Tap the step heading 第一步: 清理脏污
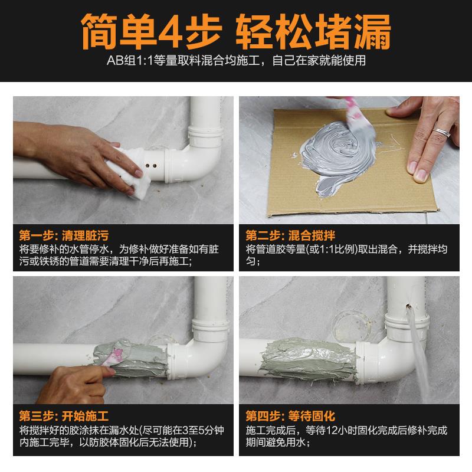click(x=64, y=235)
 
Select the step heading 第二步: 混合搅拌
click(x=290, y=235)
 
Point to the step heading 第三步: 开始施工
click(x=64, y=416)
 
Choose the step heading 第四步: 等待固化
click(x=290, y=416)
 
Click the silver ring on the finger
click(x=441, y=132)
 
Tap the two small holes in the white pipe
click(x=151, y=166)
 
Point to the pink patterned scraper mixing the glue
click(x=358, y=117)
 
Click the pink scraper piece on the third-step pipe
click(x=114, y=355)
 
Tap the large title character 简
click(x=99, y=32)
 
